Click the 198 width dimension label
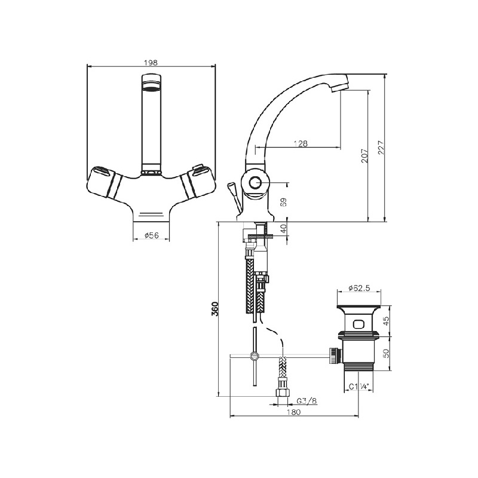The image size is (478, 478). (151, 63)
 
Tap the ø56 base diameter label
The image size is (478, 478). (152, 235)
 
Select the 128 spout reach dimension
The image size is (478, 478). (301, 143)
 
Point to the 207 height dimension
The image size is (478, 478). (364, 156)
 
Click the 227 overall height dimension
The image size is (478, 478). (381, 148)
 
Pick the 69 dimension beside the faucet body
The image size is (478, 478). (283, 203)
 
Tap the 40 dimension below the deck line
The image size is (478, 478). (283, 229)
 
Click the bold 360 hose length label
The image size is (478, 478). (215, 309)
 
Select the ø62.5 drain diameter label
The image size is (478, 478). (359, 287)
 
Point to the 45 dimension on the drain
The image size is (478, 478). (386, 321)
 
